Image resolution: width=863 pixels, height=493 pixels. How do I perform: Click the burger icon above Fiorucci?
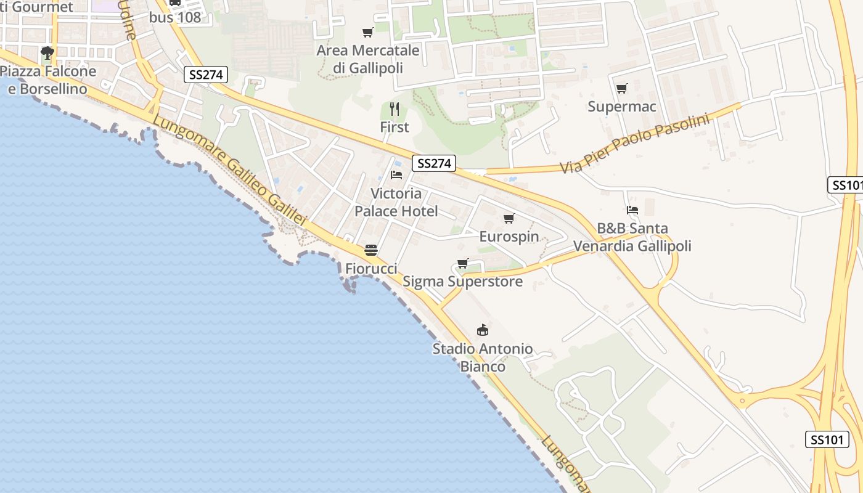(x=370, y=250)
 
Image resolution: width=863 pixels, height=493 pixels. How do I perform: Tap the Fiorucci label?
(x=371, y=269)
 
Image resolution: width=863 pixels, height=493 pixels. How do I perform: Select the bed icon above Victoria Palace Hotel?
(x=396, y=175)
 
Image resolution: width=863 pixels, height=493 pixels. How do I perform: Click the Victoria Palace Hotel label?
(x=396, y=203)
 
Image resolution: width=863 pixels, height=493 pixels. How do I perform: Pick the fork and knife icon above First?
(x=395, y=110)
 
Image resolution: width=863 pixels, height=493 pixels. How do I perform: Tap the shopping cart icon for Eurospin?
(x=509, y=219)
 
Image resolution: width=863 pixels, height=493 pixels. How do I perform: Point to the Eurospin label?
(x=509, y=237)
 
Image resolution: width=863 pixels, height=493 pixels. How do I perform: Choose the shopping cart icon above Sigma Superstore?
(x=462, y=264)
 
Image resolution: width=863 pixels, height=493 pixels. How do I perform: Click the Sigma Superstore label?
(x=462, y=282)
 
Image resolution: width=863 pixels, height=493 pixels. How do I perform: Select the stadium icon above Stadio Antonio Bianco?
(x=483, y=330)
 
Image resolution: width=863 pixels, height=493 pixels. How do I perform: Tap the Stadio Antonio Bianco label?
(x=483, y=357)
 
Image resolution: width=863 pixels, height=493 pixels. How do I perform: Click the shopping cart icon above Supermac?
(x=621, y=89)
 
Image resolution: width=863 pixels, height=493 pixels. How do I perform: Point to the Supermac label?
(x=621, y=107)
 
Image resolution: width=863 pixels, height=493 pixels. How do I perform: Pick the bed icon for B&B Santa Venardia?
(x=632, y=210)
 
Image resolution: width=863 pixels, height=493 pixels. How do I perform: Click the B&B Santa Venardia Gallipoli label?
(x=632, y=237)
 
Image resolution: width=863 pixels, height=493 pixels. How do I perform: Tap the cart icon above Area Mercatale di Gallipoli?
(x=368, y=33)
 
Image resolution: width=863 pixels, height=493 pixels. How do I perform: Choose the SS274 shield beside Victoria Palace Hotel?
(x=434, y=163)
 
